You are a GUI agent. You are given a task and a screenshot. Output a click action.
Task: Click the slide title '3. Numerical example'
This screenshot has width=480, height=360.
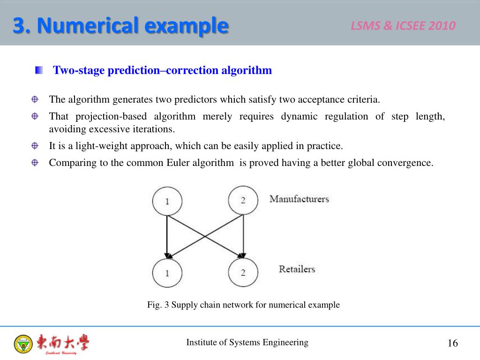pos(120,25)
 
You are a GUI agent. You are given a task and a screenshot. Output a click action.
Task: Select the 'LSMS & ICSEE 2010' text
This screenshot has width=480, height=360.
pos(403,26)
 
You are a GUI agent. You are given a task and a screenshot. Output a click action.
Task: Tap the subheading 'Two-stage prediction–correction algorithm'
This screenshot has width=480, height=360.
pos(162,70)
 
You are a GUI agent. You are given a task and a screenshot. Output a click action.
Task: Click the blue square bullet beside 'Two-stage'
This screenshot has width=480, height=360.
pos(38,70)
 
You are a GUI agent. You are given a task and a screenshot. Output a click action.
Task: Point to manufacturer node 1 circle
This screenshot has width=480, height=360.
pos(167,201)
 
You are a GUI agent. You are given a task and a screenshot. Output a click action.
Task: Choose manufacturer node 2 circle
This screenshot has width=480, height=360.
pos(243,200)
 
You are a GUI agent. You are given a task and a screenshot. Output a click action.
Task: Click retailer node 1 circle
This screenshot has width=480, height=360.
pos(167,272)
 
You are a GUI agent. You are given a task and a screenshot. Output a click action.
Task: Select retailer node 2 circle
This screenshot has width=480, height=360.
pos(243,272)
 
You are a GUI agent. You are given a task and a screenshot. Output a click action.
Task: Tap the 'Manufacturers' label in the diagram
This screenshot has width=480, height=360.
pos(299,199)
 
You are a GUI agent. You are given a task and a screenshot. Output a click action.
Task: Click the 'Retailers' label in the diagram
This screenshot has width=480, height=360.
pos(297,269)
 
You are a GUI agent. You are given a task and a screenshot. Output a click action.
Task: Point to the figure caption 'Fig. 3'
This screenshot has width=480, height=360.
pos(243,305)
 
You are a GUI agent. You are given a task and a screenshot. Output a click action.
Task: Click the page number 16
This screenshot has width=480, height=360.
pos(452,343)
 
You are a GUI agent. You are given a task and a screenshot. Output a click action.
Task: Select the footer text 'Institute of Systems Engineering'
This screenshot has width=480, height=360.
pos(247,342)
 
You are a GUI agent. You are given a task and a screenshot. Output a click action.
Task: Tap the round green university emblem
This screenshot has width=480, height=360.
pos(23,344)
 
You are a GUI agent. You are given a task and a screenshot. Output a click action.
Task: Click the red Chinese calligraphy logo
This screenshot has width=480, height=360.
pos(63,343)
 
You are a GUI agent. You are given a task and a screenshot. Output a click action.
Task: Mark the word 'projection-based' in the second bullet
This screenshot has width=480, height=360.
pos(112,116)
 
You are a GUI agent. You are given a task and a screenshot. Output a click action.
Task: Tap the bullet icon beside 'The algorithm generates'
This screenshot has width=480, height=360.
pos(35,99)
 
